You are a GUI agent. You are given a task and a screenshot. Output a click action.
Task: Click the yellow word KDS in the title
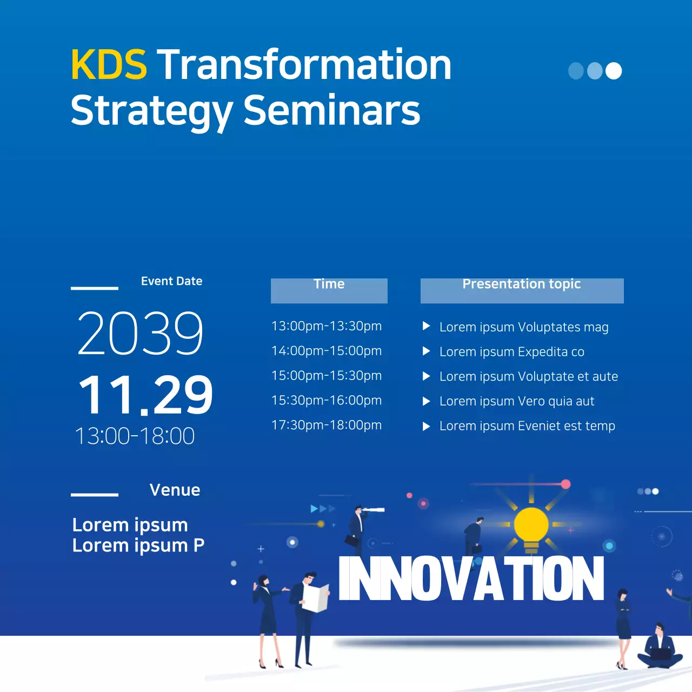click(109, 65)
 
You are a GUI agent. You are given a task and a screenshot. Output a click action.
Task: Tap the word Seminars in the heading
click(331, 110)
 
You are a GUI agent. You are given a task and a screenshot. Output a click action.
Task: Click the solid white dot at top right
click(613, 71)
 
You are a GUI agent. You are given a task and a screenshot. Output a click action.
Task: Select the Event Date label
click(171, 281)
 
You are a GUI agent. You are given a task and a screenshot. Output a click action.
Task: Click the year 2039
click(141, 334)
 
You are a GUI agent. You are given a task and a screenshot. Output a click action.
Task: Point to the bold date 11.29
click(145, 395)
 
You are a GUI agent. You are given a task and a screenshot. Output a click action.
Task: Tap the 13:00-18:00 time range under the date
click(135, 436)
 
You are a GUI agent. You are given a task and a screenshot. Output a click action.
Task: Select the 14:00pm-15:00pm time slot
click(327, 351)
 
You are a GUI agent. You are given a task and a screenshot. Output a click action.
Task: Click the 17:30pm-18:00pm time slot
click(327, 425)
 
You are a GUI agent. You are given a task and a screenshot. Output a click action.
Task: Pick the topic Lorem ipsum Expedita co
click(511, 352)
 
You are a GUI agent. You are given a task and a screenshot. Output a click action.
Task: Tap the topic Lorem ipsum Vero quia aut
click(516, 401)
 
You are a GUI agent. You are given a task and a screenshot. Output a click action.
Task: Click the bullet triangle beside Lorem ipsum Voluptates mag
click(426, 326)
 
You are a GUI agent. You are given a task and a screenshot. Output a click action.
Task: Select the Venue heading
click(175, 490)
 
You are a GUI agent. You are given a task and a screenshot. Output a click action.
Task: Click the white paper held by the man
click(316, 598)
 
